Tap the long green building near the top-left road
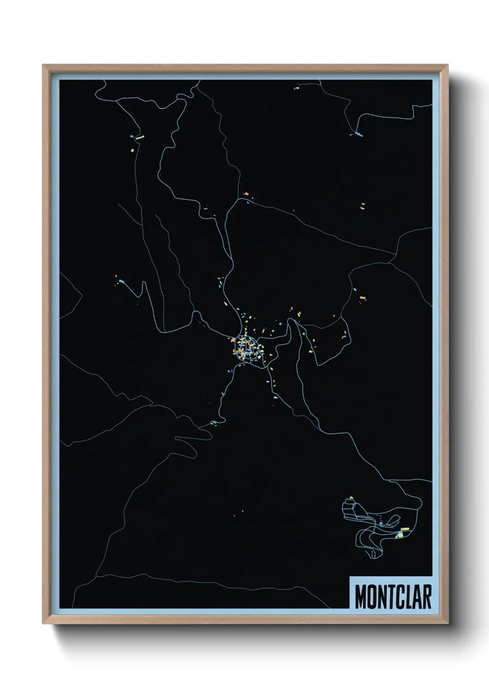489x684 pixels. click(x=139, y=137)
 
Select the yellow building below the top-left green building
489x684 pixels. click(x=132, y=151)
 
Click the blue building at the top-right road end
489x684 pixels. click(x=359, y=135)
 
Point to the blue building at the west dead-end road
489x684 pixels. click(x=122, y=281)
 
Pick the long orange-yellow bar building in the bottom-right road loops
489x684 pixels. click(x=405, y=528)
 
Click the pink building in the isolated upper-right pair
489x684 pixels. click(x=363, y=208)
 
